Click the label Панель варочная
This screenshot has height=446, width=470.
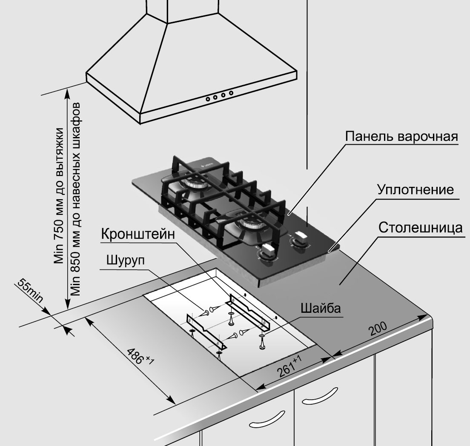tap(401, 137)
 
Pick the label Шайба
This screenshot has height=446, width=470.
tap(321, 308)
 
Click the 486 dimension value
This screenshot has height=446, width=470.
tap(139, 357)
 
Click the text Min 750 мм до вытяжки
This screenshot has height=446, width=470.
tap(60, 196)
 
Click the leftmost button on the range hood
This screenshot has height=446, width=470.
tap(208, 99)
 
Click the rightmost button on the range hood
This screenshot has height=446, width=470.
tap(231, 93)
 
